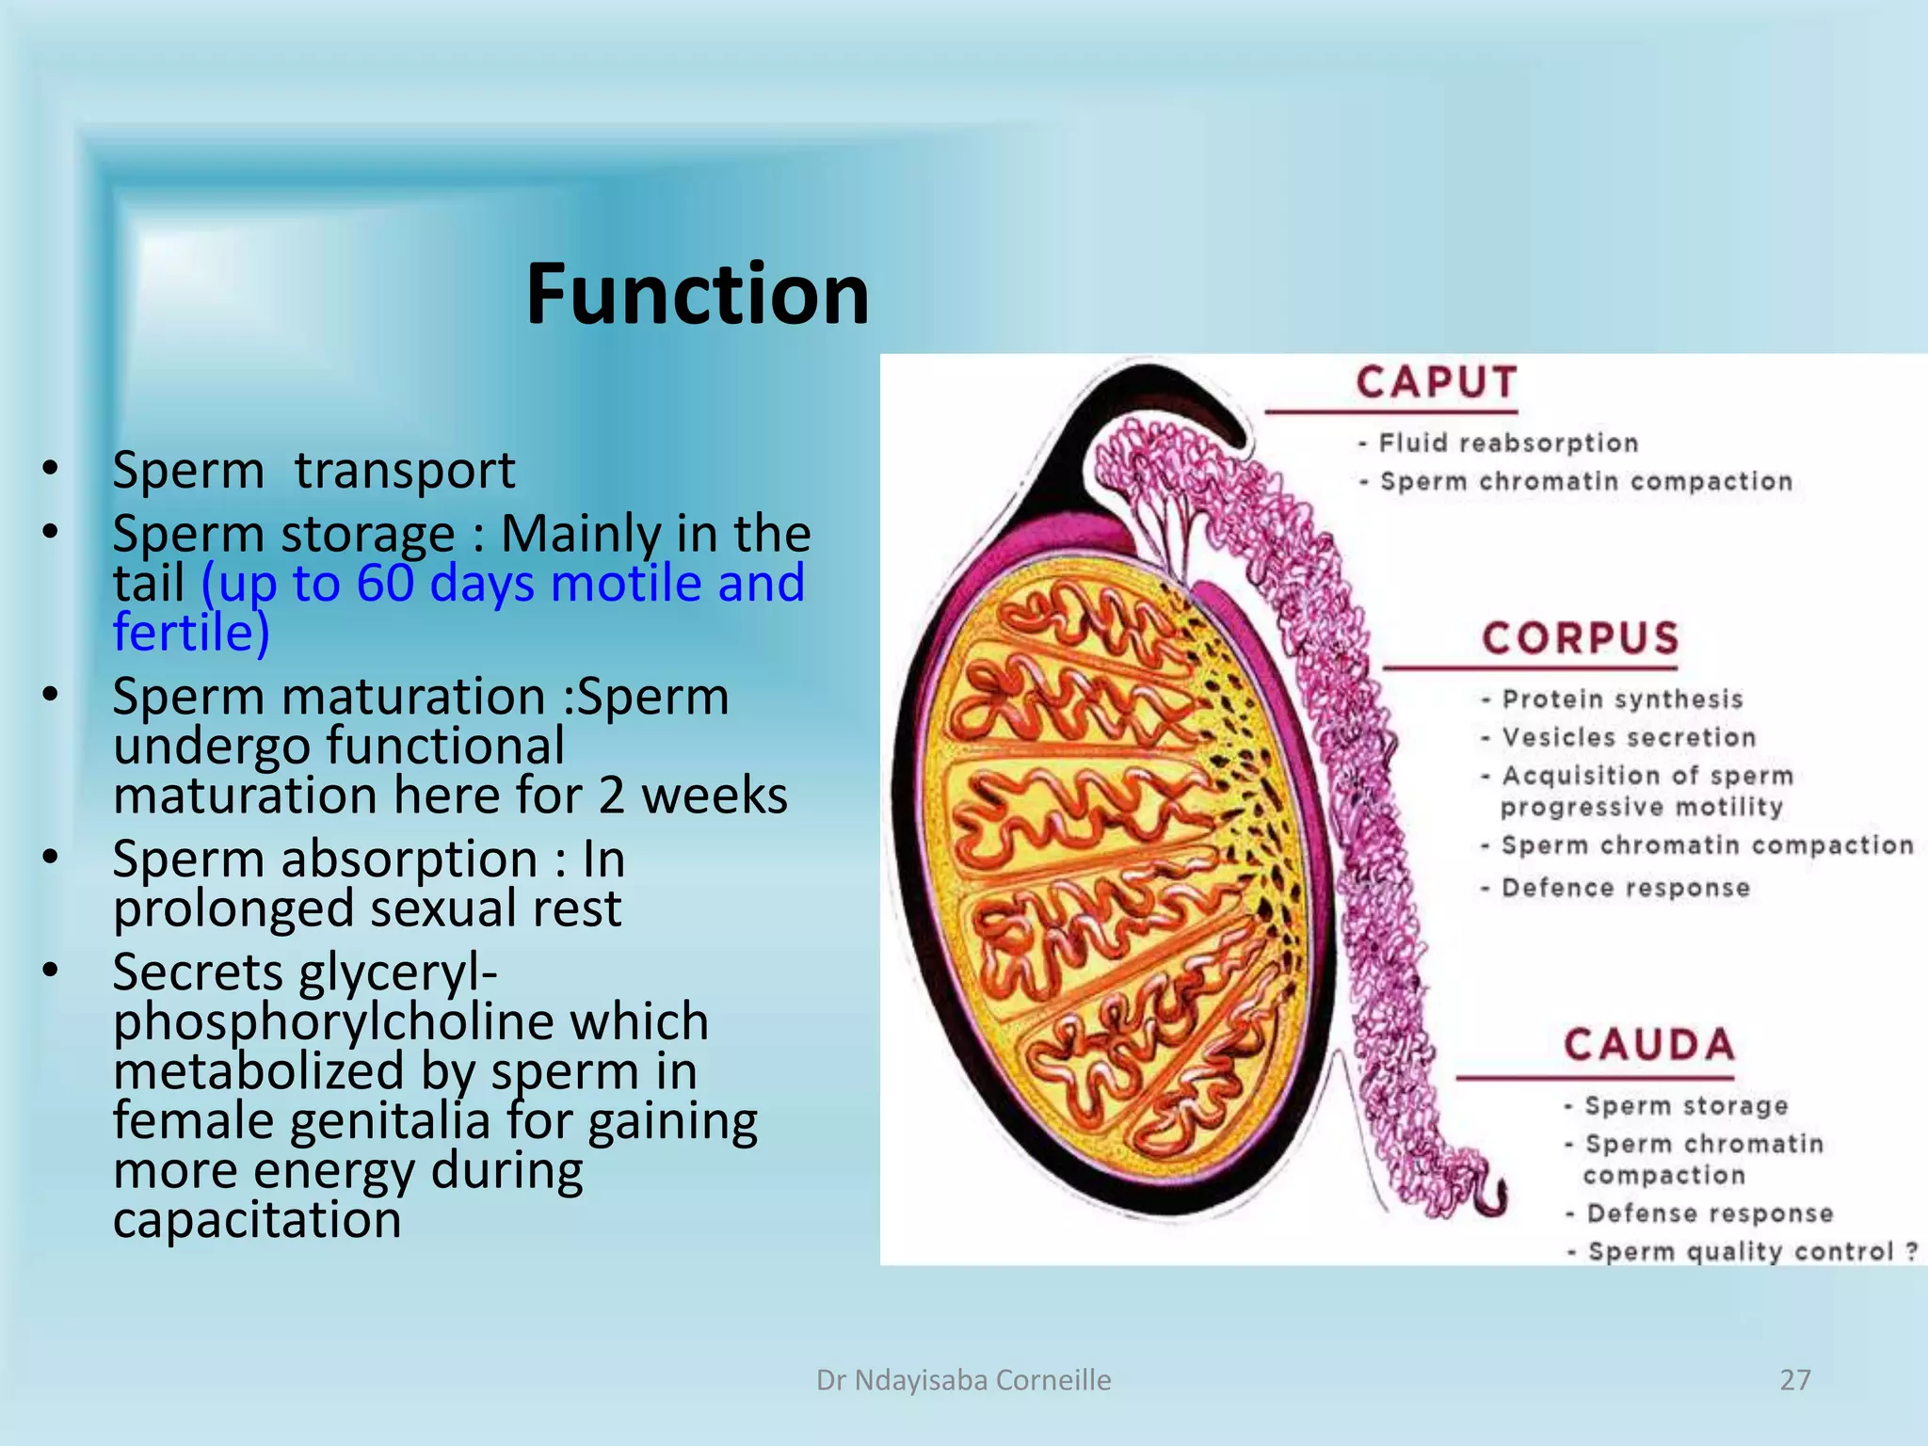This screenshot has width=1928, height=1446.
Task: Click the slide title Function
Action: (x=698, y=294)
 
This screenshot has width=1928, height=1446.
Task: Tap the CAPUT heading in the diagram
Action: (x=1437, y=383)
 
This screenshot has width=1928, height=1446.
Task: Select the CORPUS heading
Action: (x=1581, y=638)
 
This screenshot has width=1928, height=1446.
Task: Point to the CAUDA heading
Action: (x=1649, y=1045)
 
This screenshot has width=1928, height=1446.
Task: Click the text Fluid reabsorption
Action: (x=1508, y=442)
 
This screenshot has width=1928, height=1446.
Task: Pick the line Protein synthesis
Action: (x=1622, y=699)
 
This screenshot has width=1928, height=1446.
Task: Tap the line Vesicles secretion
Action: (x=1629, y=737)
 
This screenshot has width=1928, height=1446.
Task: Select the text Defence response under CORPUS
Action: (x=1625, y=888)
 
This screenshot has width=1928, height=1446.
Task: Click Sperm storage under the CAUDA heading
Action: (x=1686, y=1105)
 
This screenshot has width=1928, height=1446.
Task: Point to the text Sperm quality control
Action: (x=1741, y=1251)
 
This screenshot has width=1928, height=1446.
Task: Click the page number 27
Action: (x=1794, y=1379)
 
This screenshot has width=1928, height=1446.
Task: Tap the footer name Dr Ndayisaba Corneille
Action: (x=963, y=1380)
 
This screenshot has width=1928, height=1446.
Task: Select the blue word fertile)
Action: (x=191, y=632)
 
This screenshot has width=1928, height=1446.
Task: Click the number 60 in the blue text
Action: (x=385, y=583)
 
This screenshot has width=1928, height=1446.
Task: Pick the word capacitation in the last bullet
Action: (x=257, y=1219)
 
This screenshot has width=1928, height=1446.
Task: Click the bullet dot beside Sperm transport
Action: (x=51, y=468)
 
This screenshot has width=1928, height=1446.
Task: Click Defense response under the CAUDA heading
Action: (x=1710, y=1213)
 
